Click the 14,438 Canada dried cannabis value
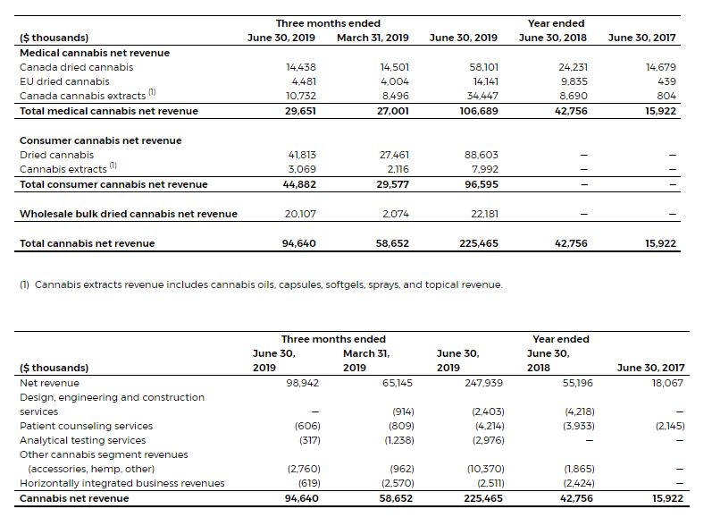[x=300, y=67]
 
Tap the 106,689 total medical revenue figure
[x=478, y=111]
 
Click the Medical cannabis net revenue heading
[x=94, y=53]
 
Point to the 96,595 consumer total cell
[x=481, y=184]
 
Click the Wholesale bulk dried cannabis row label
[x=129, y=214]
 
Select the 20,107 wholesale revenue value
[x=300, y=214]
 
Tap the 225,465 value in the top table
[x=478, y=243]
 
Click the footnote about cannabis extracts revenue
[x=261, y=284]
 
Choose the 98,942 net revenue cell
[x=303, y=383]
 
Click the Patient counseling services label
[x=86, y=426]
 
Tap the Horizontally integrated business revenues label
[x=122, y=483]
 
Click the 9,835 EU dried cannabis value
[x=573, y=81]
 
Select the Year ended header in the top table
[x=556, y=23]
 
